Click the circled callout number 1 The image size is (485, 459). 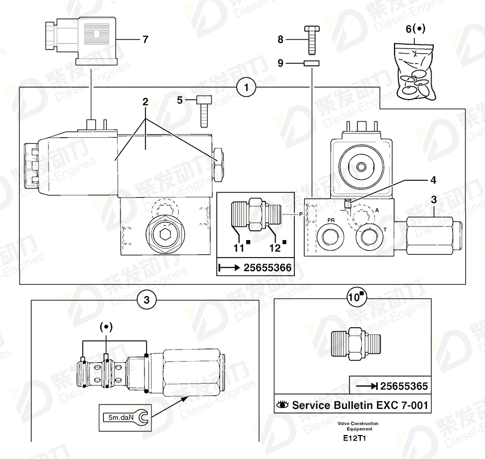(246, 87)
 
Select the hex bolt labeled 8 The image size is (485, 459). (312, 40)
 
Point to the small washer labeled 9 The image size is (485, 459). (312, 63)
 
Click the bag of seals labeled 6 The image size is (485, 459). (415, 72)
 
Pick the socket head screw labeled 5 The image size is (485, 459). (204, 111)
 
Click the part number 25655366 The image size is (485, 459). (268, 268)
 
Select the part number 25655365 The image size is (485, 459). (404, 386)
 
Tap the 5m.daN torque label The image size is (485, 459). (121, 417)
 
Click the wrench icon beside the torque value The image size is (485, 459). (142, 417)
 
